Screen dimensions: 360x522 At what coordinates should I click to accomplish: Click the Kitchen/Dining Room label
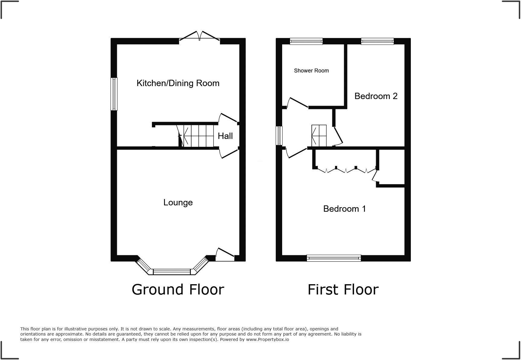tap(178, 83)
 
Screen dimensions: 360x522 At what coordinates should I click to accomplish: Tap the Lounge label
tap(178, 202)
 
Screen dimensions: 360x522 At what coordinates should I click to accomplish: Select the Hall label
tap(225, 136)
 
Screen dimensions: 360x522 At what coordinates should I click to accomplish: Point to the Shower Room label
tap(311, 71)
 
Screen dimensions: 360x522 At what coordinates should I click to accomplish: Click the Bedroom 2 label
tap(376, 96)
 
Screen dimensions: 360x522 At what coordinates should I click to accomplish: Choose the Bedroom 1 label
tap(344, 209)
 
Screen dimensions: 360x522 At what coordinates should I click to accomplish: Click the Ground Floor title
tap(178, 289)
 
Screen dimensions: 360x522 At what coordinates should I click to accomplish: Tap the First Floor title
tap(343, 289)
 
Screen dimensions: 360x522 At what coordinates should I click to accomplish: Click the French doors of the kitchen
tap(199, 37)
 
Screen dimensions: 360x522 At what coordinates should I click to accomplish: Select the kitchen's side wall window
tap(114, 94)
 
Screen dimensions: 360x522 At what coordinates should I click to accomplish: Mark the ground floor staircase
tap(198, 136)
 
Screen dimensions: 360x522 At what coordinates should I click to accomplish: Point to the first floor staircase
tap(319, 135)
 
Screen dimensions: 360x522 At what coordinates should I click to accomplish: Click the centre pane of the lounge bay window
tap(172, 272)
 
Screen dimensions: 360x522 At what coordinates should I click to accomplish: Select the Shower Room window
tap(306, 41)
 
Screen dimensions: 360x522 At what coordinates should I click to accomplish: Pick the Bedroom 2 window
tap(377, 41)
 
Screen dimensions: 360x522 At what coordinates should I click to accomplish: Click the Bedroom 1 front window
tap(334, 258)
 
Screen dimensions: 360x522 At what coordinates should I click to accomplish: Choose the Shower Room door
tap(297, 103)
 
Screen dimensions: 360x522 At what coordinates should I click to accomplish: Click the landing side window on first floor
tap(279, 136)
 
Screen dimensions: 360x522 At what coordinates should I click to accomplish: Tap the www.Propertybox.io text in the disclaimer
tap(267, 339)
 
